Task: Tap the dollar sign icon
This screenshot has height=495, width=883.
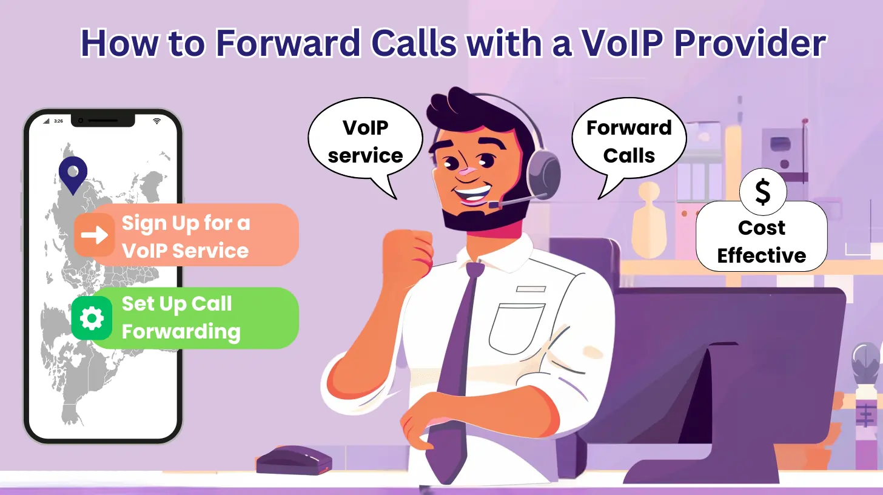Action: pos(762,192)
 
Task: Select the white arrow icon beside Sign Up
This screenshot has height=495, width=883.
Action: pos(94,235)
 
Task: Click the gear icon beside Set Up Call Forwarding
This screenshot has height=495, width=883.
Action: pos(92,318)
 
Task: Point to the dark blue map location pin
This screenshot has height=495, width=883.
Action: pos(73,173)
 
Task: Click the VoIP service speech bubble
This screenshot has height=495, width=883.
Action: pos(365,143)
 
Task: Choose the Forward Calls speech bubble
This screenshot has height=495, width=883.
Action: pos(629,143)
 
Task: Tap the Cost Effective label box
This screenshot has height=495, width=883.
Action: pos(761,241)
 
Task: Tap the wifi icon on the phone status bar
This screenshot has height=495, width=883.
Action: pos(157,121)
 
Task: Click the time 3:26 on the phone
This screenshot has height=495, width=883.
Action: pos(58,121)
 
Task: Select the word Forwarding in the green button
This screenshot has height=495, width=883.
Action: pos(181,332)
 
